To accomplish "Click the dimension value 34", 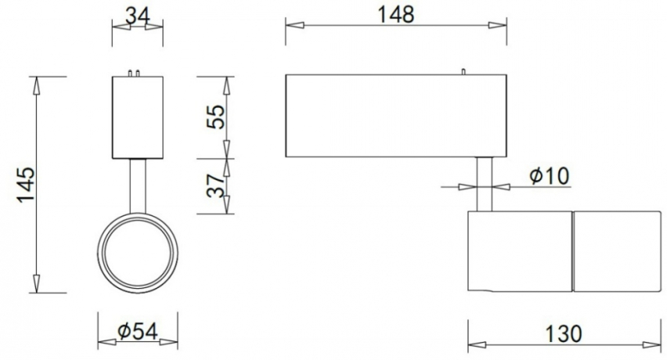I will click(x=138, y=13).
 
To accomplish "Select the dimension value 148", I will click(x=396, y=13).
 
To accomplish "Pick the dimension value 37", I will click(x=215, y=186).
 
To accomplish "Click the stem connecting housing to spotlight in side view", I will click(x=485, y=183).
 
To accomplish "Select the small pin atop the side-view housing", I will click(x=463, y=72).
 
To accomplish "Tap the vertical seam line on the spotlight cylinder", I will click(x=572, y=250).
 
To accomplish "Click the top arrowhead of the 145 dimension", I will click(x=36, y=85).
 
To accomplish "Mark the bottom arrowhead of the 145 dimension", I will click(x=36, y=285).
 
